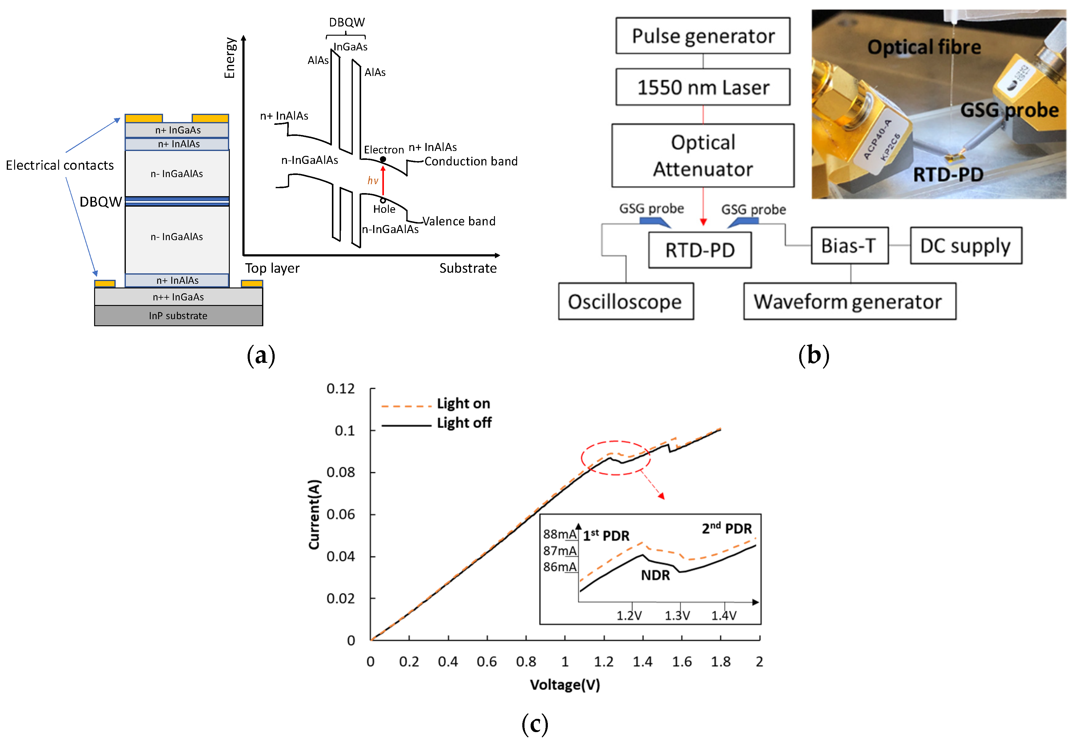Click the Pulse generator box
703,36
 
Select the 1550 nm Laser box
703,87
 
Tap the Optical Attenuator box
703,156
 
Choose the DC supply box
966,246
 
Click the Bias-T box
849,246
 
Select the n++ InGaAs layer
178,297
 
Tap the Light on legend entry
463,404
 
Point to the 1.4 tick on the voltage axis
643,661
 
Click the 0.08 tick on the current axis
341,472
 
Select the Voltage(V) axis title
565,685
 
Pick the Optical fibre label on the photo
924,47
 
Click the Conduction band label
471,161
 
